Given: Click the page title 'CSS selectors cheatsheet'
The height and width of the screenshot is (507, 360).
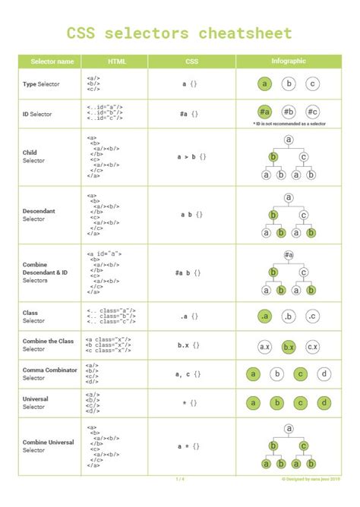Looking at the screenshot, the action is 179,33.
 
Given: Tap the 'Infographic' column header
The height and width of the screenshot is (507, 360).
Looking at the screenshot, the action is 289,61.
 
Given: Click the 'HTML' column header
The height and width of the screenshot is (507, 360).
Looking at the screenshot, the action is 116,61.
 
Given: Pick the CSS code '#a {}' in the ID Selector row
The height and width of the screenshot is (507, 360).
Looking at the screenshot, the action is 190,113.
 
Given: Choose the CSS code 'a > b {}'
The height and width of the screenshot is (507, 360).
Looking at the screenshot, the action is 191,156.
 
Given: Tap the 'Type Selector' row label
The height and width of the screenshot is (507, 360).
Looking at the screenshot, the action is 41,83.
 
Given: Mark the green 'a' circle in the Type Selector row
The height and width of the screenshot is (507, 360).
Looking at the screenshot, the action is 264,84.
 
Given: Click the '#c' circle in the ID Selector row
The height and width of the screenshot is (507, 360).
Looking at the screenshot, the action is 313,112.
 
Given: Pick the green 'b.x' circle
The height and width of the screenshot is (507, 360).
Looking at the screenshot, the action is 289,346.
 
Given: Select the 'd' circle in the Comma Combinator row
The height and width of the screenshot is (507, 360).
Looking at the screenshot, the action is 324,374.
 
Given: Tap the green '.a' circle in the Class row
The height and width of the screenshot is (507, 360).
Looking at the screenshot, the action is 264,316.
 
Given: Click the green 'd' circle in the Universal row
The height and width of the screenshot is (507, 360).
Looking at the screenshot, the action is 324,403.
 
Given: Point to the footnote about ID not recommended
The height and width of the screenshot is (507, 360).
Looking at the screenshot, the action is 289,124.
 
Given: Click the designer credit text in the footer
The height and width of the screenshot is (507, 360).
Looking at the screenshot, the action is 311,479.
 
